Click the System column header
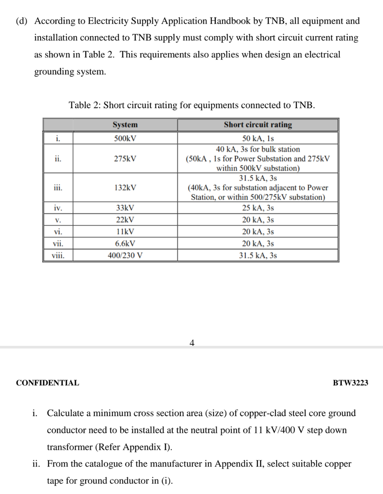click(x=125, y=125)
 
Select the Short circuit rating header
click(x=258, y=125)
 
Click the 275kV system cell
click(x=125, y=159)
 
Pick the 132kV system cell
click(x=125, y=188)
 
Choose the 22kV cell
click(x=125, y=220)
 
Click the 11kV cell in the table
click(x=125, y=232)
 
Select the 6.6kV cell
click(x=125, y=243)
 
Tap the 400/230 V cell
click(x=125, y=256)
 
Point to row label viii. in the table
click(x=58, y=256)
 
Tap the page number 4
click(x=192, y=343)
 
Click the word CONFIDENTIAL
click(x=47, y=383)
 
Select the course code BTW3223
click(x=351, y=383)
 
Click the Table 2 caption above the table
click(x=192, y=105)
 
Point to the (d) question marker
click(x=22, y=21)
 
